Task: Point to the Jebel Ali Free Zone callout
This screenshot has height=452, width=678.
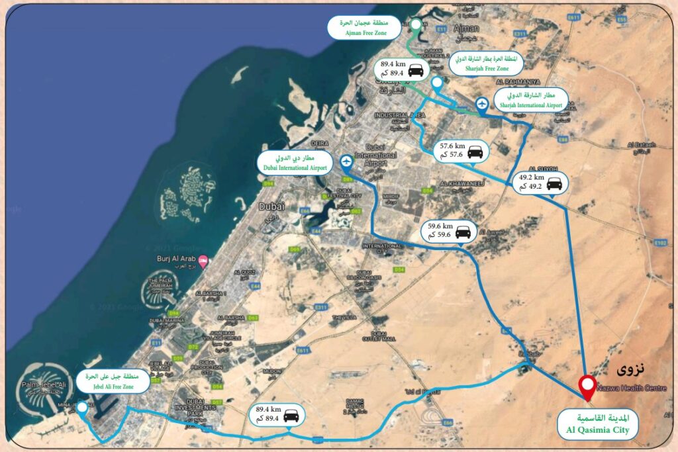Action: coord(109,381)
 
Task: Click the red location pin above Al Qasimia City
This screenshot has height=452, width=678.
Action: coord(586,386)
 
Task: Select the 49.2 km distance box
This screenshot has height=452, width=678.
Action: coord(541,182)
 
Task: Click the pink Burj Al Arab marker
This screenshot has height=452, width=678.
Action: coord(203,259)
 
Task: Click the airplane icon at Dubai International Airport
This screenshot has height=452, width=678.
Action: coord(346,161)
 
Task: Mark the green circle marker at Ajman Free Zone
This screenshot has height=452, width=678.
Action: coord(416,25)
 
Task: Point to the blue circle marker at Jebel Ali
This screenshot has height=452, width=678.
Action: coord(82,407)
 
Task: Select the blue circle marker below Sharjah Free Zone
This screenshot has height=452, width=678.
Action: coord(437,83)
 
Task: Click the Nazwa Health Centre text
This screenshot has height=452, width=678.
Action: coord(629,388)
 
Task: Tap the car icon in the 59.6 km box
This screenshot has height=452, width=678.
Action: coord(463,232)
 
